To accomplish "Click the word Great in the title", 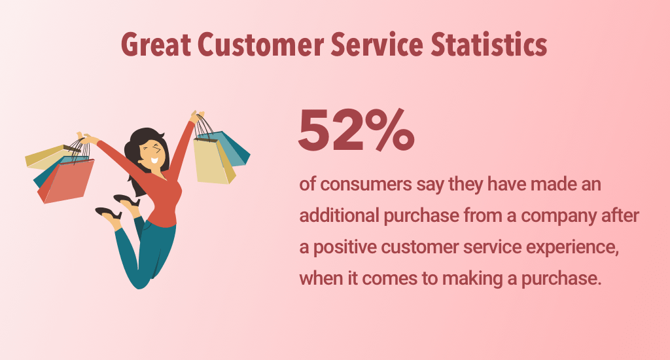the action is [156, 45].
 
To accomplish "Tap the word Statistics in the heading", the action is [489, 44].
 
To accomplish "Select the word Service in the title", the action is [377, 44].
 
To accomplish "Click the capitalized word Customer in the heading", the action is [260, 45].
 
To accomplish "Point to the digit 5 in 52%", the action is [315, 130].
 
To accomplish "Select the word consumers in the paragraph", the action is [366, 185].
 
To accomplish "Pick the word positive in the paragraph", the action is [345, 247].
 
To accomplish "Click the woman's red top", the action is [164, 192].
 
